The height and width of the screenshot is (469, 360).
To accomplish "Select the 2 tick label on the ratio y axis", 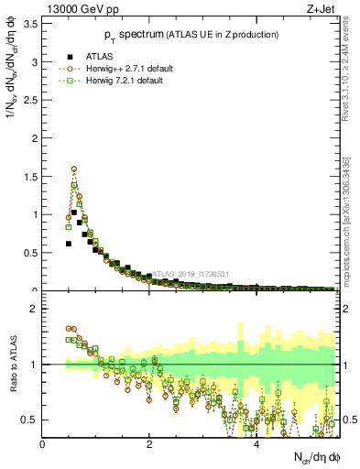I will [34, 309].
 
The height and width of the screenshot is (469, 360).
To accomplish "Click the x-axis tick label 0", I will [42, 444].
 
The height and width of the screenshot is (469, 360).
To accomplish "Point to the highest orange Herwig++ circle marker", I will [73, 169].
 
